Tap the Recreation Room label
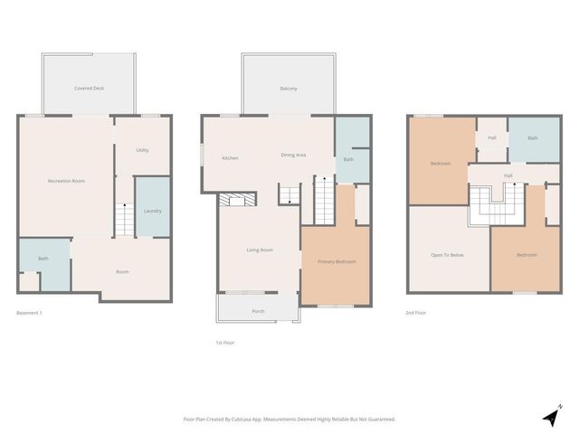[66, 182]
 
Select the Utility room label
[142, 150]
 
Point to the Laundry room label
[152, 211]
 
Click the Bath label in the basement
[43, 259]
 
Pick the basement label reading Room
[122, 271]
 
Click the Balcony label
[289, 89]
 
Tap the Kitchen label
[230, 158]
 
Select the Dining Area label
[293, 155]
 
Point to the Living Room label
[260, 250]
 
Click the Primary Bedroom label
[336, 261]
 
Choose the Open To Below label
[447, 255]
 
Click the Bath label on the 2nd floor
[533, 138]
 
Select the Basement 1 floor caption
[30, 313]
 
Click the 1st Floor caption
[225, 343]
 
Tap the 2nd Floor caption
[417, 313]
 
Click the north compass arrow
[551, 416]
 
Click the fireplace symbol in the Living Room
[236, 201]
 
